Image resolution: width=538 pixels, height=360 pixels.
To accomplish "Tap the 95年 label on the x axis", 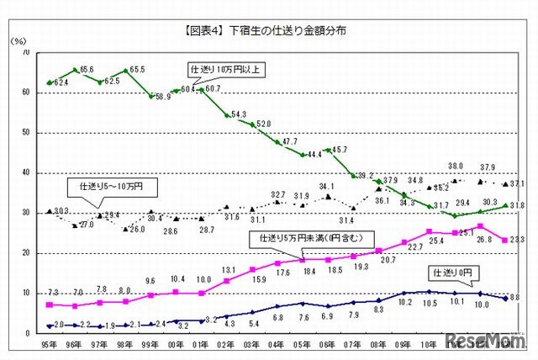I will [x=50, y=344].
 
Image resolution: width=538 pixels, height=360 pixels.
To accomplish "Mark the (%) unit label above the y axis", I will [x=18, y=40].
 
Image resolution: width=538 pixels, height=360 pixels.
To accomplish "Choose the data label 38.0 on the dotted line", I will [x=456, y=167].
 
